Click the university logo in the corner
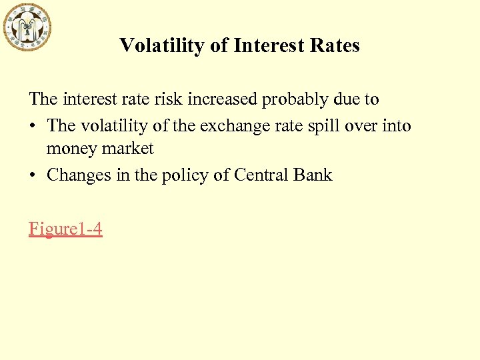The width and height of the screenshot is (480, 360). pyautogui.click(x=27, y=26)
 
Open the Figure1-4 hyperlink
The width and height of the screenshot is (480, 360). pyautogui.click(x=65, y=229)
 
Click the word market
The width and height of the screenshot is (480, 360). pyautogui.click(x=128, y=149)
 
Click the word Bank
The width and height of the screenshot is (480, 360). pyautogui.click(x=314, y=175)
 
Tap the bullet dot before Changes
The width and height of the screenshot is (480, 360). pyautogui.click(x=33, y=176)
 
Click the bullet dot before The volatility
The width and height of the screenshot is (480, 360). pyautogui.click(x=33, y=126)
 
